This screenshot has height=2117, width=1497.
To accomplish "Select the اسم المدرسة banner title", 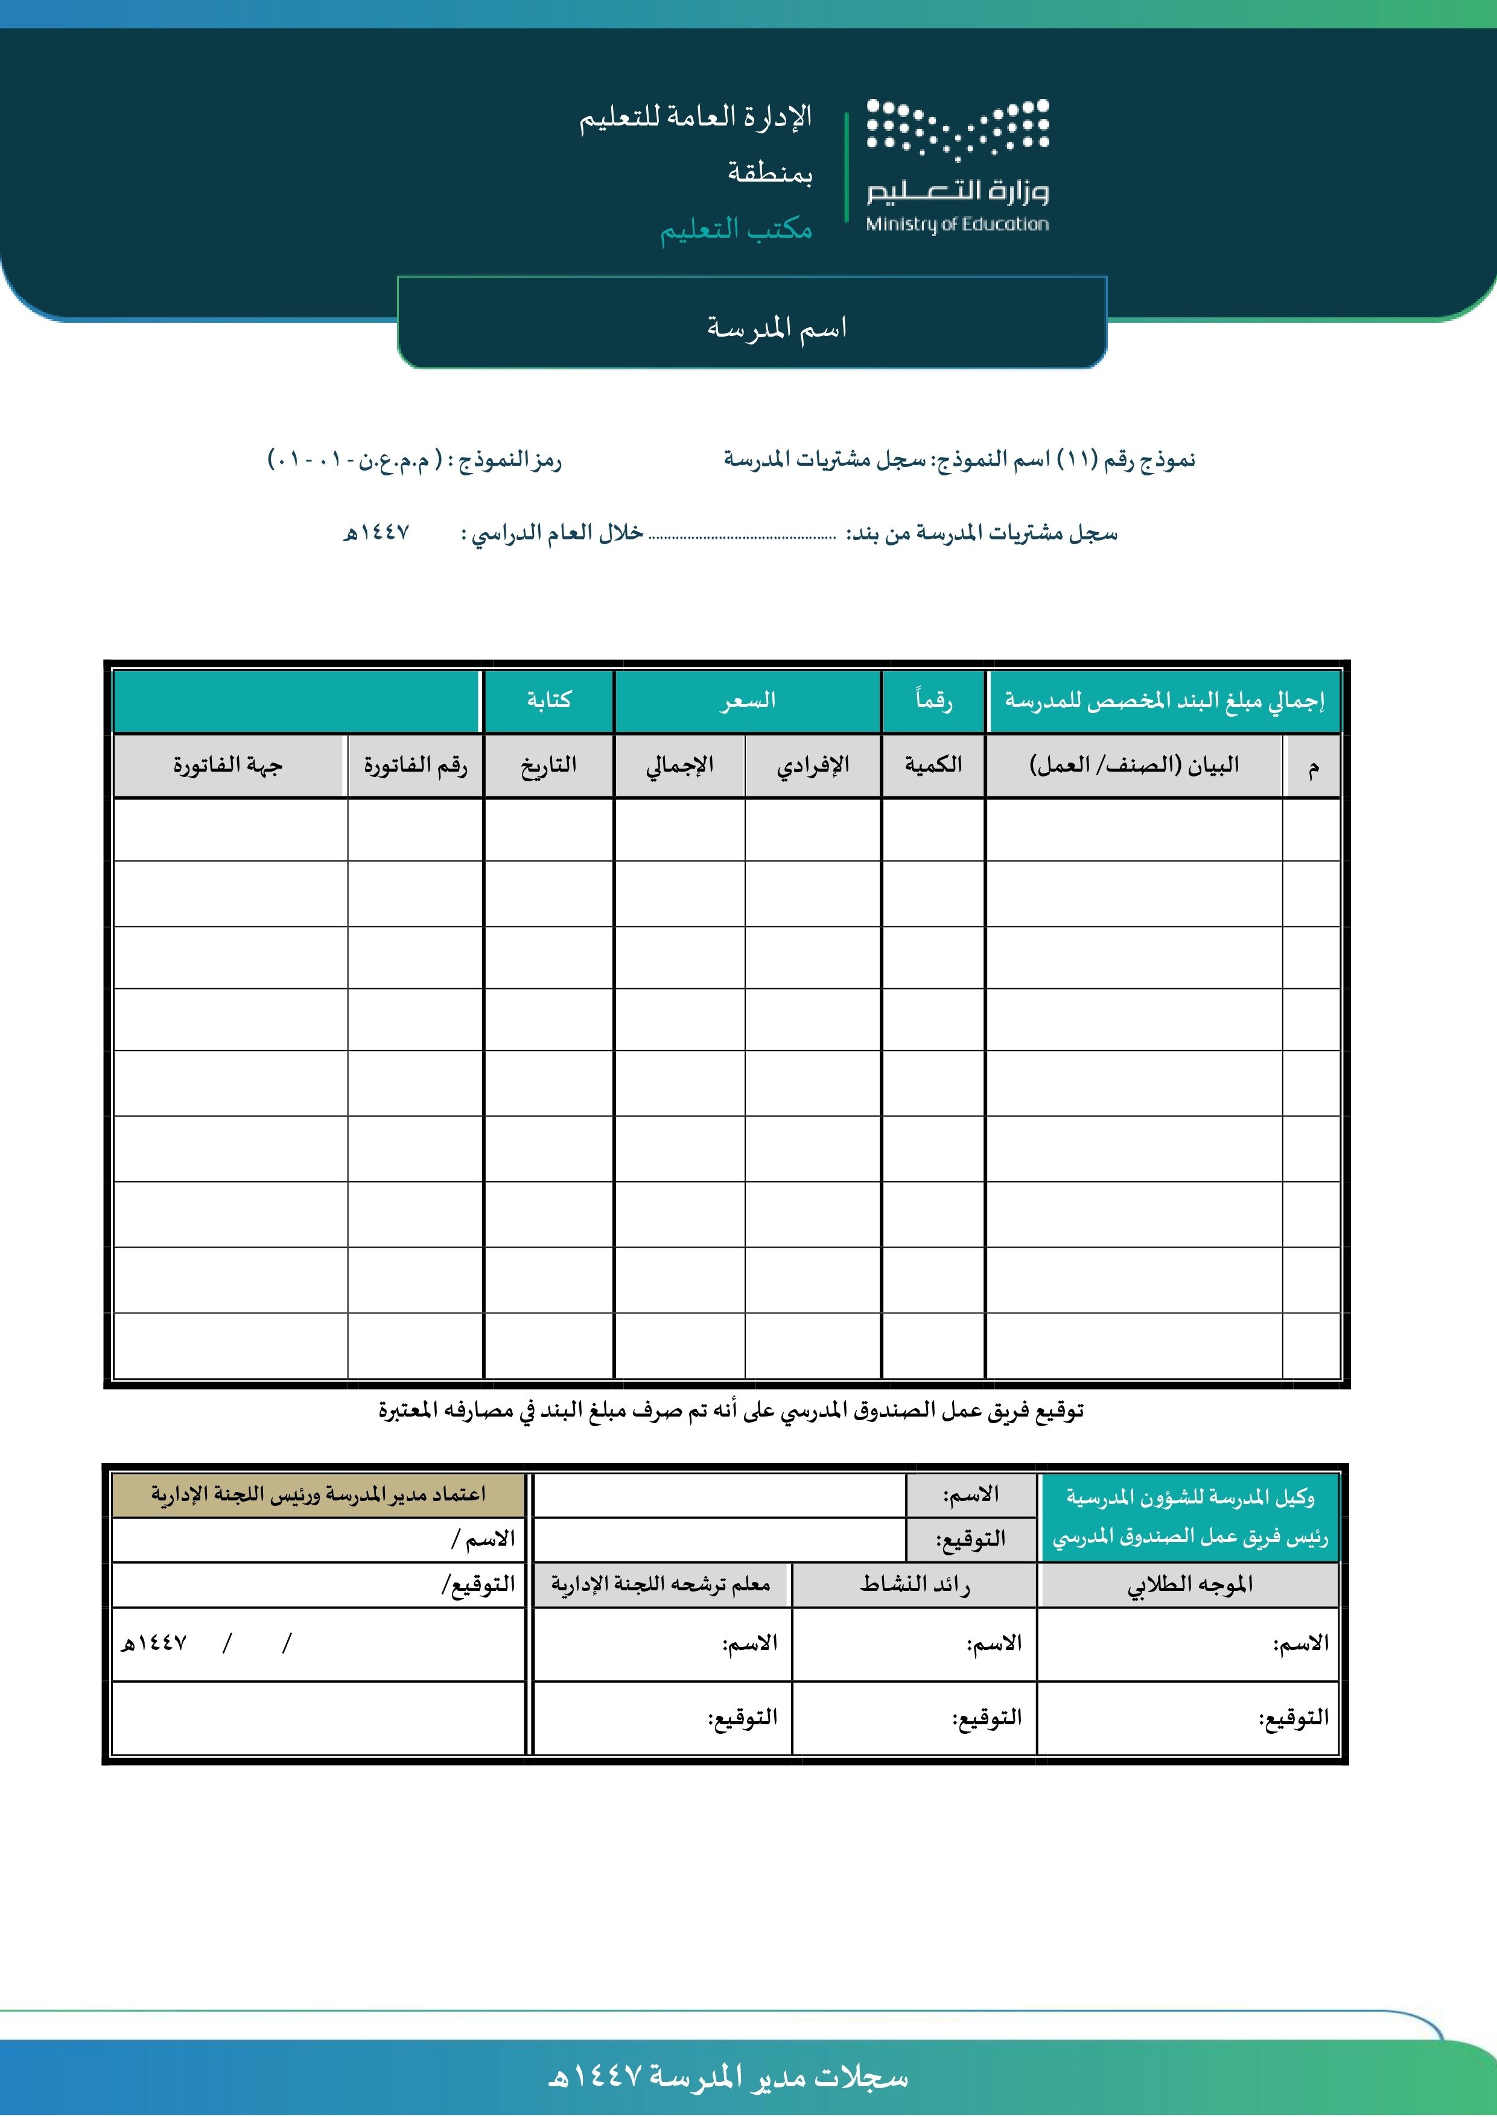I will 777,328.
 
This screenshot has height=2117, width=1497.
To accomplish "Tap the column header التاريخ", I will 549,764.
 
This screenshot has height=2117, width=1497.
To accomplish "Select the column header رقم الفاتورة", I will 415,764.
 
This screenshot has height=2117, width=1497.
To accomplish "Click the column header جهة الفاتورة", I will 228,764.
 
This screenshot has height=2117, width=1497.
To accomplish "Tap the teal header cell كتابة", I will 549,701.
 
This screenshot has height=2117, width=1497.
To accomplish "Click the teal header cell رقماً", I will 933,701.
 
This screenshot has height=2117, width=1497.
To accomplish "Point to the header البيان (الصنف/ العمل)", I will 1134,764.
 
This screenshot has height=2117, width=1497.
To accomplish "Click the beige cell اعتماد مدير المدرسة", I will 318,1494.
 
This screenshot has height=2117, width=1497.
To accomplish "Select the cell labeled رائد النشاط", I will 914,1584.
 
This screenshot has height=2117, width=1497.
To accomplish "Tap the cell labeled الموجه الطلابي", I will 1189,1584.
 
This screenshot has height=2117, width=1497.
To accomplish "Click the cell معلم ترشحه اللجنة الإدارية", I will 661,1584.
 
